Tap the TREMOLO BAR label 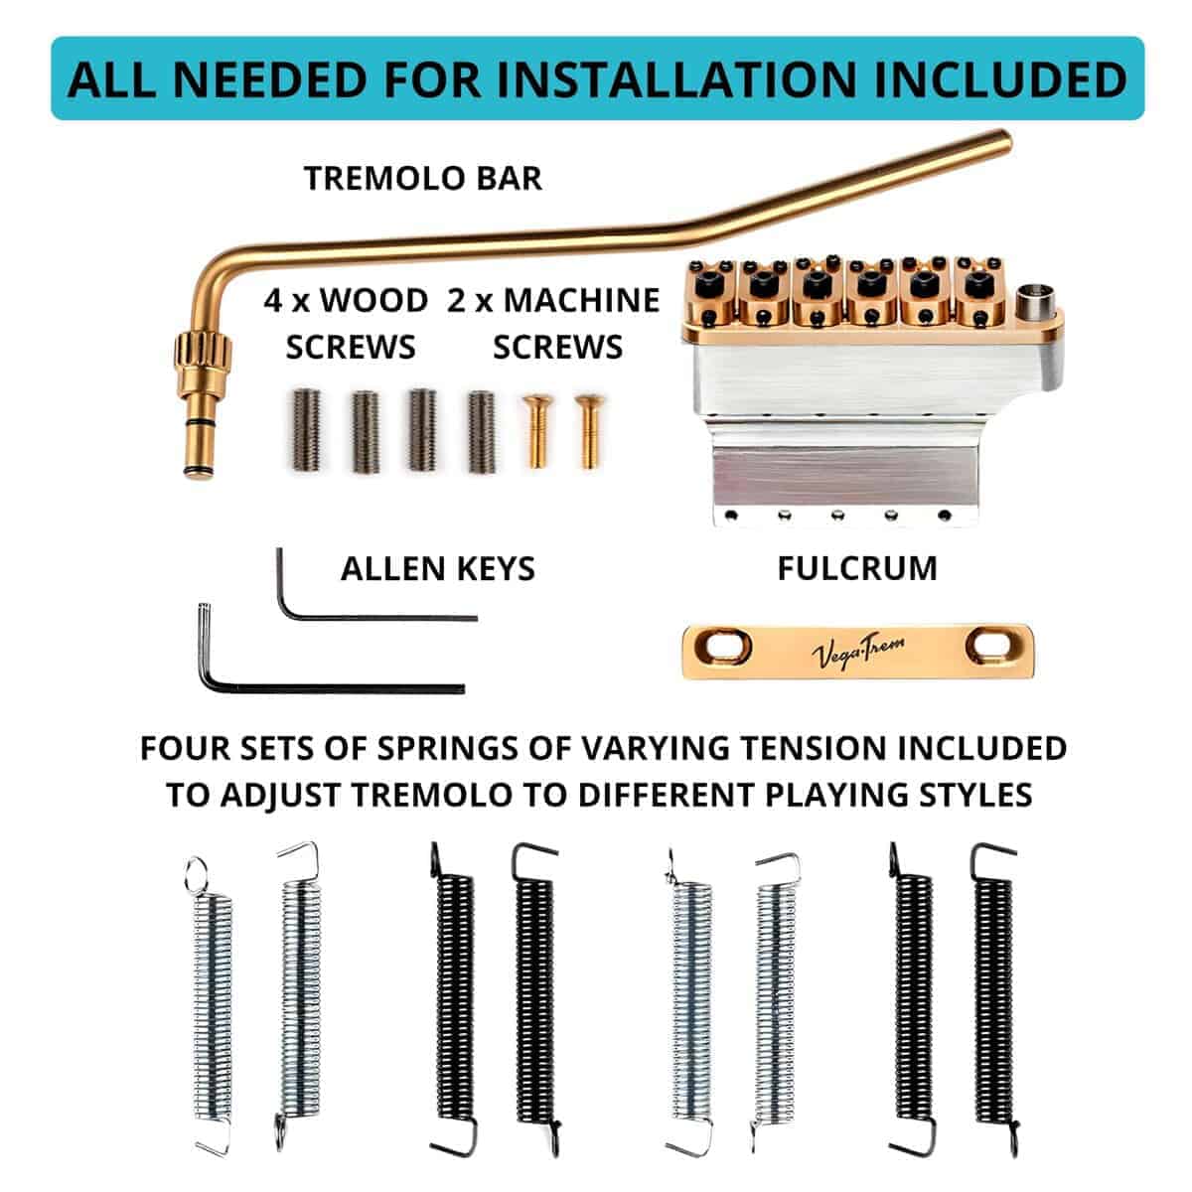click(x=423, y=179)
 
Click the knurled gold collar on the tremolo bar click(x=203, y=355)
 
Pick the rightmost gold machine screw click(x=589, y=430)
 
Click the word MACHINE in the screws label click(x=582, y=301)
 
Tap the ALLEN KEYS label click(x=438, y=569)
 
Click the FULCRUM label click(x=857, y=569)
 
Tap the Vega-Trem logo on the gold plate click(x=857, y=653)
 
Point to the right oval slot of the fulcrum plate click(x=993, y=646)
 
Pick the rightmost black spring click(x=993, y=997)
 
